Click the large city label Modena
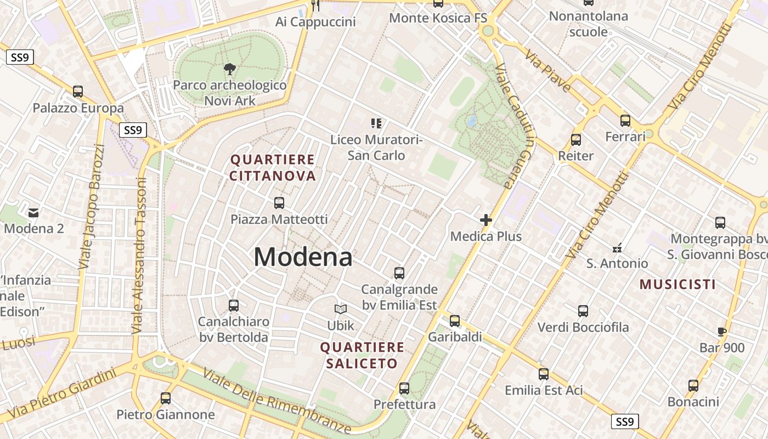coord(303,257)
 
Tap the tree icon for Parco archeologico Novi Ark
coord(230,69)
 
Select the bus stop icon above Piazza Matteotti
coord(279,203)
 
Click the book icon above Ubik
coord(341,309)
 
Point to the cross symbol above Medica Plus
coord(485,220)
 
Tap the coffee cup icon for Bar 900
coord(722,331)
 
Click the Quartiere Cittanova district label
coord(273,168)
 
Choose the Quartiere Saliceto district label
coord(362,355)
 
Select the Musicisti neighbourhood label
coord(677,284)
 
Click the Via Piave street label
coord(547,70)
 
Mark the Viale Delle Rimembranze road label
coord(276,401)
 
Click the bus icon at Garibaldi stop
coord(455,321)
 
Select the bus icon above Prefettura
coord(404,389)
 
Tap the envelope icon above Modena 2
coord(34,212)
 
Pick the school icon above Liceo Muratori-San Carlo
coord(376,123)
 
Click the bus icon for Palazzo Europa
coord(78,92)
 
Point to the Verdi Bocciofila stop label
coord(583,328)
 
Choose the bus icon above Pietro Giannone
coord(165,398)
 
